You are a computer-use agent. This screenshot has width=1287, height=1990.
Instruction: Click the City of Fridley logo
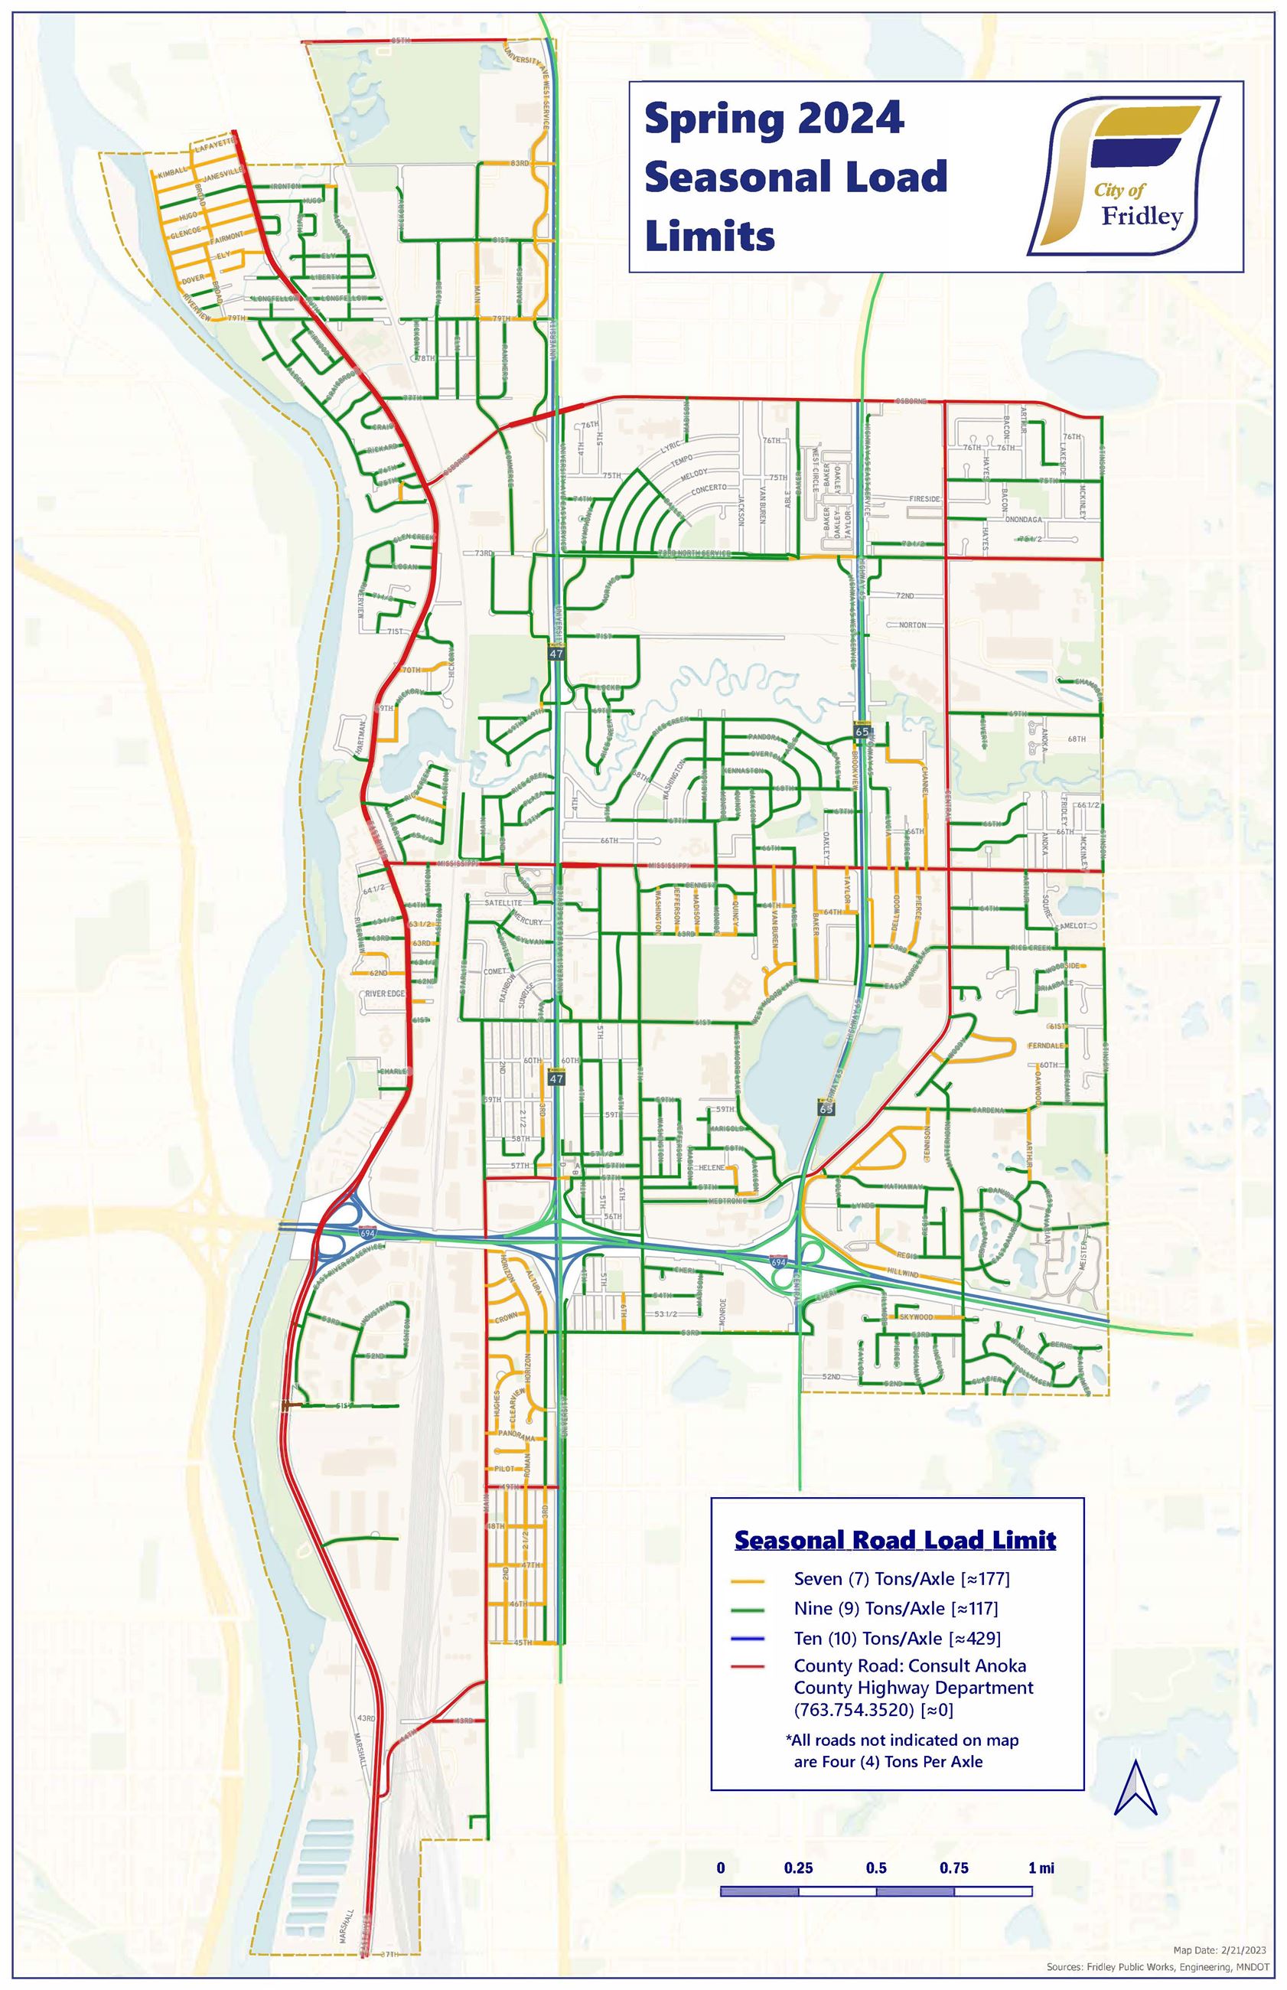coord(1122,175)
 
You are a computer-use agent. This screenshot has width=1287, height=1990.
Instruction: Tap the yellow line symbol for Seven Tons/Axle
coord(748,1580)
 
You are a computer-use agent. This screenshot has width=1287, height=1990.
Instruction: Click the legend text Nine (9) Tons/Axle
coord(868,1609)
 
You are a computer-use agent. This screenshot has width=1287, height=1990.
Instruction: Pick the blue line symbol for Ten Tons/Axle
coord(748,1638)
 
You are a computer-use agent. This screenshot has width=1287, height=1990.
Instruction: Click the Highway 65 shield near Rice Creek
coord(862,730)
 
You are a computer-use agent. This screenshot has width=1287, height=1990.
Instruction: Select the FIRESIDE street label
coord(924,499)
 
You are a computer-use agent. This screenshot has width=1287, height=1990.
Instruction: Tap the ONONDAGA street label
coord(1023,519)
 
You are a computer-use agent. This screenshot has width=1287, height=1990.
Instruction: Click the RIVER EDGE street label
coord(384,993)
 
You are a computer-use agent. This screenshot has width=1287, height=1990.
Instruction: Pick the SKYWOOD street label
coord(916,1317)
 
